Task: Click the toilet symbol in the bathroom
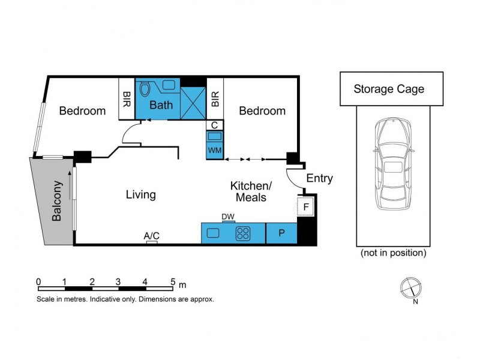pos(145,89)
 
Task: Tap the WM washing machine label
pos(215,151)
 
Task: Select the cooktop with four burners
pos(243,233)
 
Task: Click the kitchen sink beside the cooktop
pos(213,233)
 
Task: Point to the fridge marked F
pos(305,206)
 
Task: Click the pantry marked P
pos(281,233)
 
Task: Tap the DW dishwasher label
pos(228,217)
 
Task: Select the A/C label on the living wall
pos(152,236)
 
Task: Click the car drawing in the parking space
pos(394,164)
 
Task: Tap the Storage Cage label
pos(389,89)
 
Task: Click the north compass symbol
pos(411,288)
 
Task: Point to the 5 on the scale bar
pos(173,281)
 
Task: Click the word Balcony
pos(57,201)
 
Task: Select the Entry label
pos(319,178)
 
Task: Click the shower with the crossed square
pos(193,103)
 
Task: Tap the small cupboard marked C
pos(215,125)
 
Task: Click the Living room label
pos(141,194)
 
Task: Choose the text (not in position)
pos(394,253)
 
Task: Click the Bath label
pos(161,105)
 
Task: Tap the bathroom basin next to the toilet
pos(169,85)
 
